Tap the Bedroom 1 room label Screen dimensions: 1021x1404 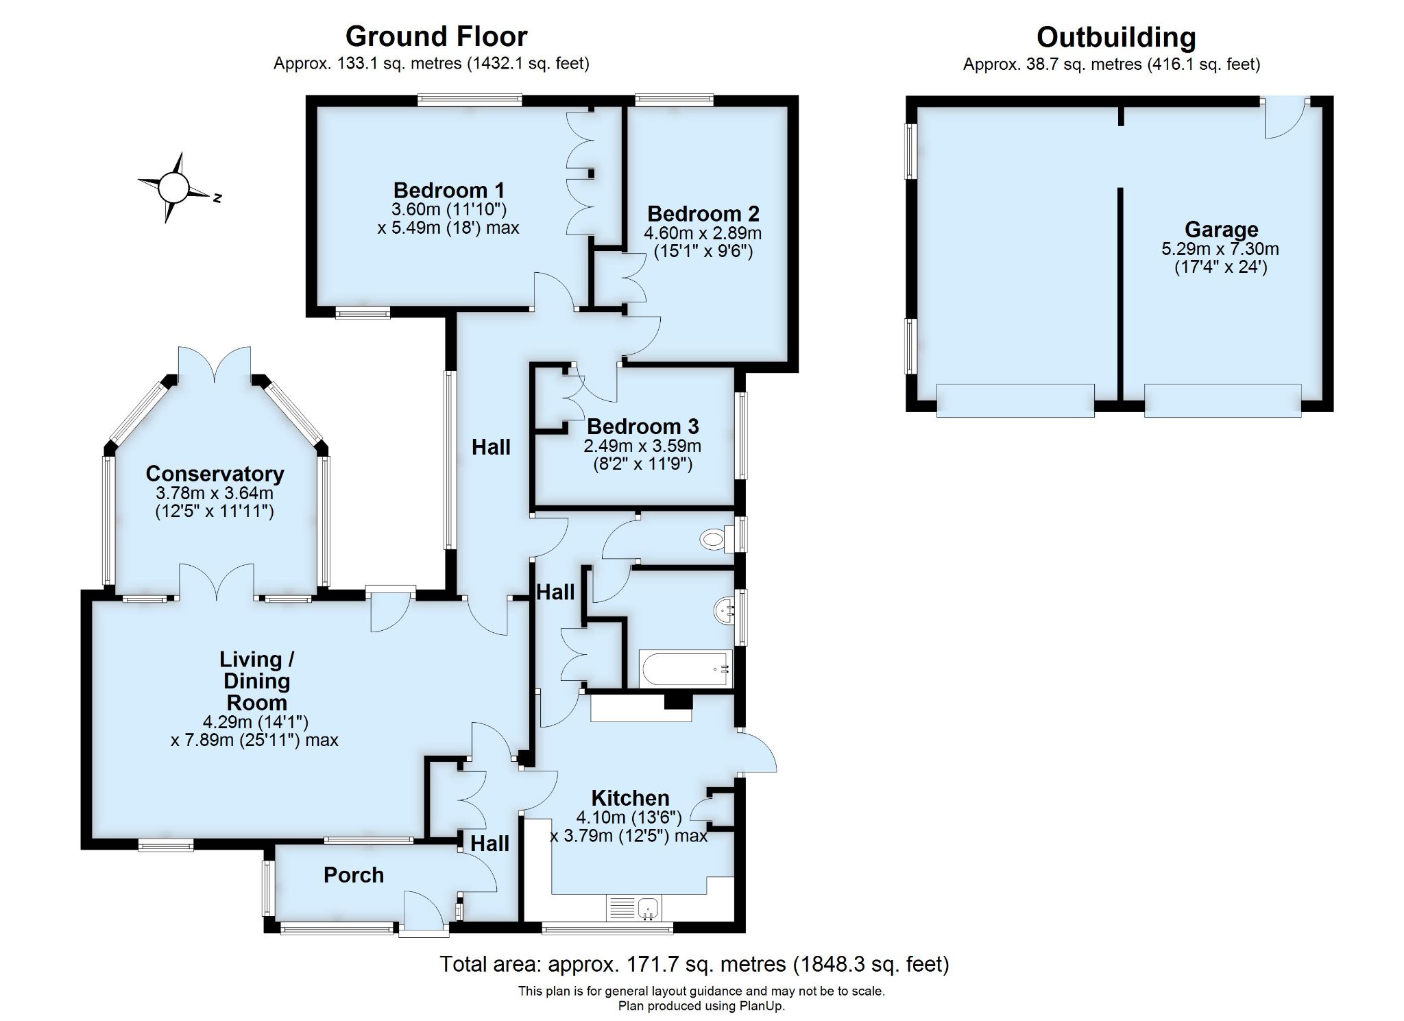[449, 190]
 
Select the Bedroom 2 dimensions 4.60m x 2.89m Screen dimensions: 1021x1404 [703, 233]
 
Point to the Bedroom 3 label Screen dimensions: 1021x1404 [642, 427]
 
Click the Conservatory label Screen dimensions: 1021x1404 [215, 474]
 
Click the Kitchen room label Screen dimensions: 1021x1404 [630, 798]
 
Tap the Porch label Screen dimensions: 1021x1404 [354, 875]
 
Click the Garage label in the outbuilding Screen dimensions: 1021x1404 [1221, 229]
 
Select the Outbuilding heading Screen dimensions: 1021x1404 [1116, 37]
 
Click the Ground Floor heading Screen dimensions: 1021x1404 [436, 36]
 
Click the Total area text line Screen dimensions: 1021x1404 [694, 964]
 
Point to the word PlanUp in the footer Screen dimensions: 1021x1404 [762, 1007]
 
